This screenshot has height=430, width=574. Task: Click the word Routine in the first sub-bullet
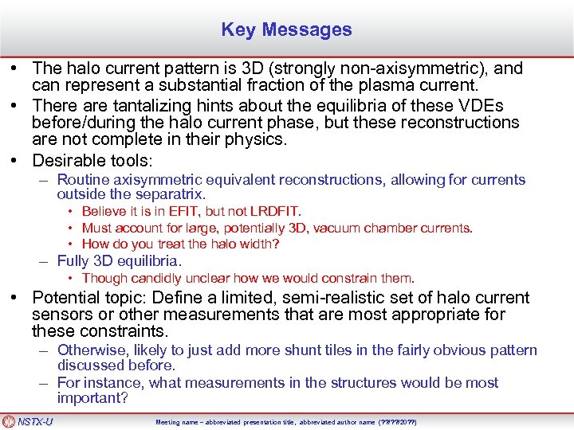(83, 180)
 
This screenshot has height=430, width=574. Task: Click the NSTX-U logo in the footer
(28, 421)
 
